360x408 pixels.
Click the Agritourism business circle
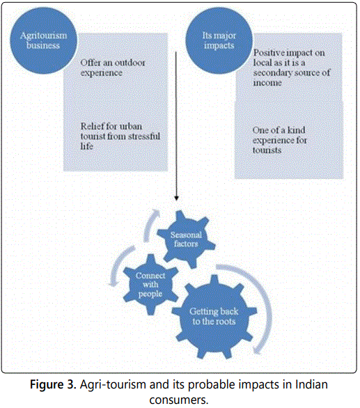coord(43,40)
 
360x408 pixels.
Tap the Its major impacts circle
coord(219,40)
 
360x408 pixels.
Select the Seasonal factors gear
coord(186,240)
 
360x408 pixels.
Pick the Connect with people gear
coord(150,285)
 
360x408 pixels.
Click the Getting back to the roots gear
coord(214,317)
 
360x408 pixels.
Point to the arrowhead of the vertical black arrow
coord(176,198)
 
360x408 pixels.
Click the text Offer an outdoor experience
coord(112,68)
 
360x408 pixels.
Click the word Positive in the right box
coord(269,53)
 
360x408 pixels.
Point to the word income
coord(267,83)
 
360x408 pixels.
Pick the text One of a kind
coord(279,130)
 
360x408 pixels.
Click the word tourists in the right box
coord(267,150)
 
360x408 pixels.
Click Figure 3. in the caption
coord(53,384)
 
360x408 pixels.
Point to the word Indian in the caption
coord(311,384)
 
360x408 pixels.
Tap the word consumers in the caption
coord(179,400)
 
